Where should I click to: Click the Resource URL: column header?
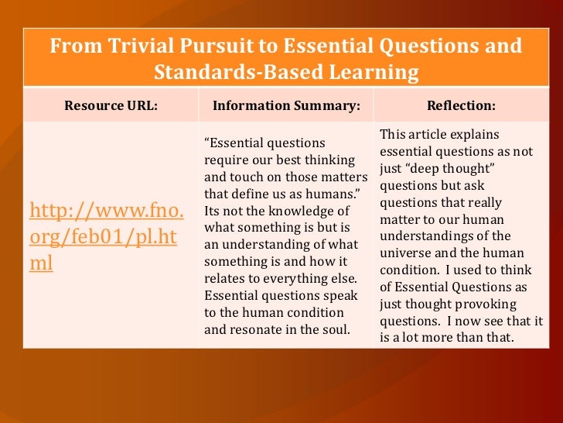111,105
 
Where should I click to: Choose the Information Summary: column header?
286,105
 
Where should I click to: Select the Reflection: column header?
461,105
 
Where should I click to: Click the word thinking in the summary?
329,160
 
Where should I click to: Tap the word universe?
408,253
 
